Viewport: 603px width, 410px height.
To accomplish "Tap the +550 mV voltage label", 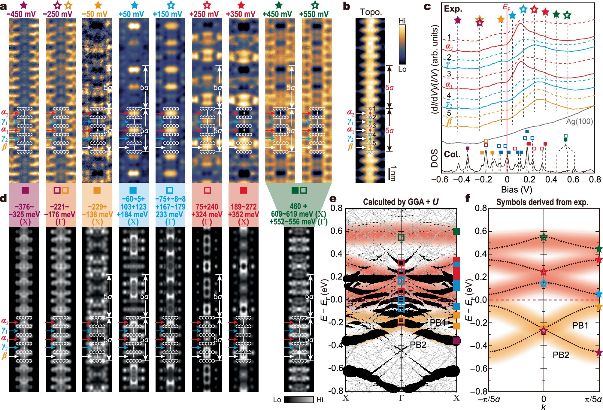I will [314, 14].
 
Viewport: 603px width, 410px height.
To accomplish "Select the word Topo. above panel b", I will [371, 12].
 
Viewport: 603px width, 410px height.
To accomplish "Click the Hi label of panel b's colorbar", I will [402, 21].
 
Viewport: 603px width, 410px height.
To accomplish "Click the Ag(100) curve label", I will [579, 122].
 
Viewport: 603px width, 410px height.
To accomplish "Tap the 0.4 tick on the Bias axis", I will [551, 179].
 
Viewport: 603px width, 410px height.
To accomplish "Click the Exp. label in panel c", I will [453, 9].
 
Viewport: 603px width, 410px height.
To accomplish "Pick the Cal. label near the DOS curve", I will [452, 154].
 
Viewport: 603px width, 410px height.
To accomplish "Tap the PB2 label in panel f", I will [561, 355].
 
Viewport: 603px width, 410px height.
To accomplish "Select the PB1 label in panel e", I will [438, 323].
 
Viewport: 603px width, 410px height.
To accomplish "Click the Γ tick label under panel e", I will [401, 398].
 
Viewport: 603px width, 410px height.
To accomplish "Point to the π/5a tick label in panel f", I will [593, 399].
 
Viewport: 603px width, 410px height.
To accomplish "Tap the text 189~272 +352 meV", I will [244, 210].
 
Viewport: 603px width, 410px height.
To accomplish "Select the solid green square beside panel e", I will [456, 231].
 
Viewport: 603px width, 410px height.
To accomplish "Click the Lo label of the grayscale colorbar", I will [277, 399].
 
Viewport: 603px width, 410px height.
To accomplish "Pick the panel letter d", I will [3, 198].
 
